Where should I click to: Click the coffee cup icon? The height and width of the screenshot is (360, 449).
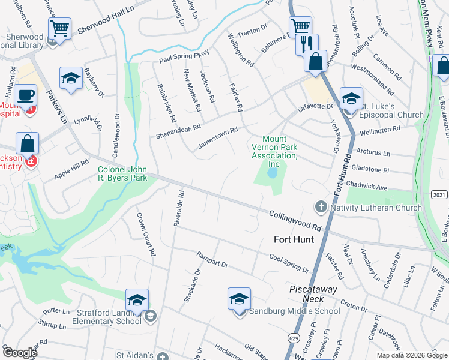coord(26,95)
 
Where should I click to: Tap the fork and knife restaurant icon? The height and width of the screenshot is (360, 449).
coord(307,44)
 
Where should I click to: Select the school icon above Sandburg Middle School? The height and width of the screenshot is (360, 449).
coord(239,298)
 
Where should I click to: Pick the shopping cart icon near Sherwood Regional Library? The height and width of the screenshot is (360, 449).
coord(60,28)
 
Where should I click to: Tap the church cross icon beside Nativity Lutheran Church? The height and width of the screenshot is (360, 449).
coord(321,207)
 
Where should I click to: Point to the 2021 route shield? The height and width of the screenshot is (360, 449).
coord(439,194)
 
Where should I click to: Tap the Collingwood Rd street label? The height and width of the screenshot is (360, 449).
coord(295,220)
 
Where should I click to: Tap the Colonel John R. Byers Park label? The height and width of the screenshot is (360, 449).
coord(122,174)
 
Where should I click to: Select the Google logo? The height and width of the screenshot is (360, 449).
coord(20,353)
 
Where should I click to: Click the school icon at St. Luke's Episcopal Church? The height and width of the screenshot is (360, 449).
coord(351,98)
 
